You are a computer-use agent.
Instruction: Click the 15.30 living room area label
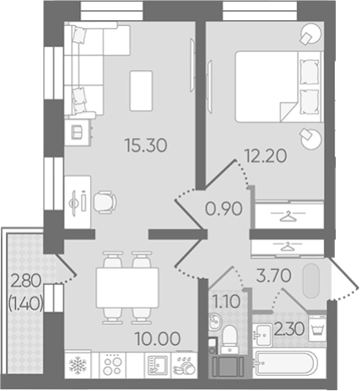tap(146, 145)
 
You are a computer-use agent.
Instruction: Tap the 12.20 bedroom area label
tap(266, 156)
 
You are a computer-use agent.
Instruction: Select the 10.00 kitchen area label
tap(158, 339)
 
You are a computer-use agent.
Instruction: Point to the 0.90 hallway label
tap(224, 209)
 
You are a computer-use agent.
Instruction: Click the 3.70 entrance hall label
tap(273, 276)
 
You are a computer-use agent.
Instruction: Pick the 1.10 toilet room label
tap(226, 302)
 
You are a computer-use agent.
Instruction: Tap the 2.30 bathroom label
tap(289, 330)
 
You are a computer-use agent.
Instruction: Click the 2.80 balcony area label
tap(26, 281)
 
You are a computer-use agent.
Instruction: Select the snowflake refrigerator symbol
tap(78, 365)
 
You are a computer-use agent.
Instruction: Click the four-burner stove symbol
tap(113, 365)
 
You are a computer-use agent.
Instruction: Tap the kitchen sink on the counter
tap(158, 365)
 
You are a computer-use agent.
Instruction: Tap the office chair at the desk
tap(104, 202)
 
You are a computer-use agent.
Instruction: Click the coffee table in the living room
tap(141, 91)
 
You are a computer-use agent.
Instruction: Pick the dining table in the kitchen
tap(128, 287)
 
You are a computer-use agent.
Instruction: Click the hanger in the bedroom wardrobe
tap(288, 216)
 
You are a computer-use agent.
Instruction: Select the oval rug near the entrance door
tap(311, 282)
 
